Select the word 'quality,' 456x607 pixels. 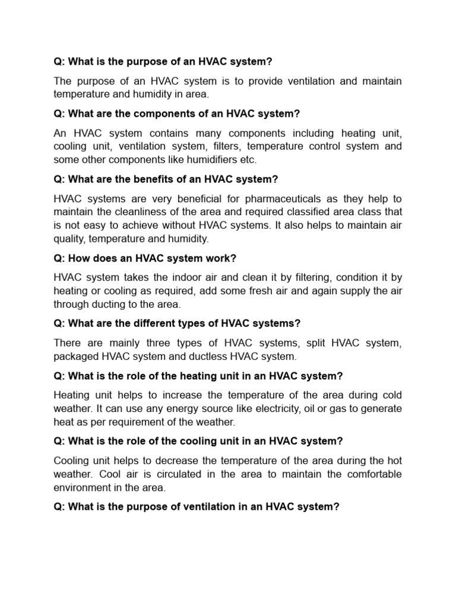[x=72, y=239]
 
